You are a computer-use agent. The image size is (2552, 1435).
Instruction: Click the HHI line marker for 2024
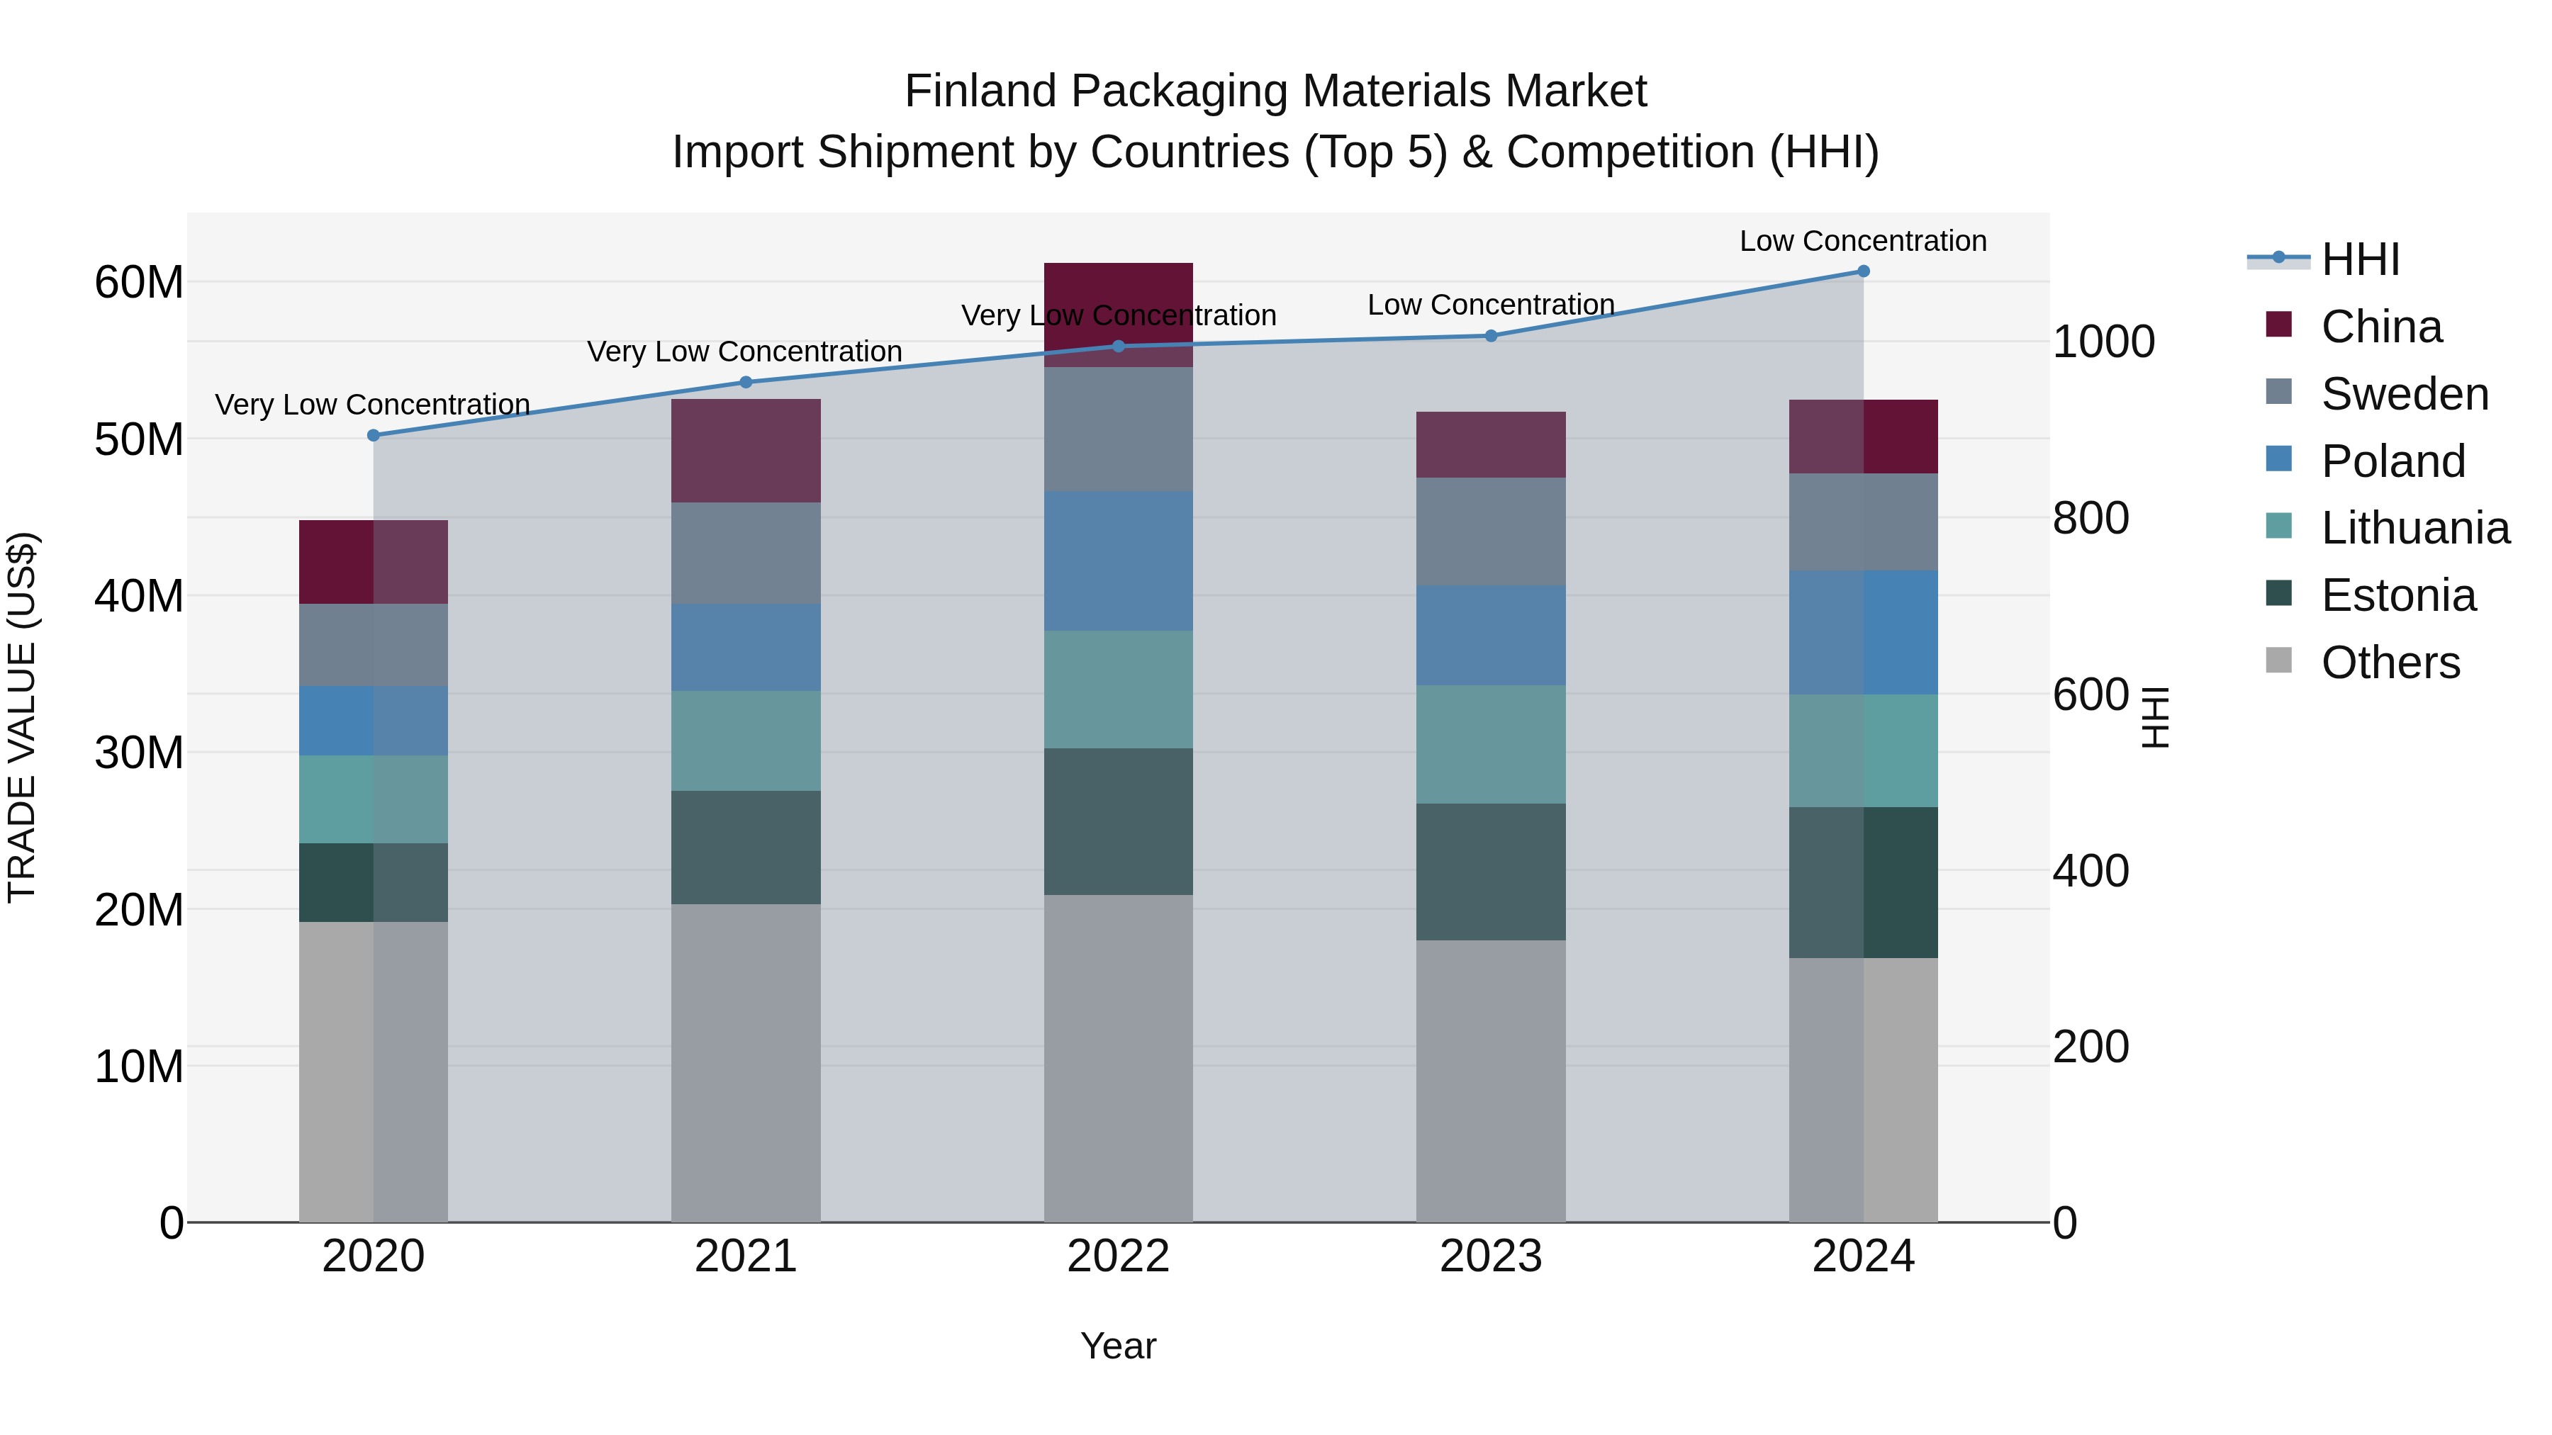[x=1862, y=271]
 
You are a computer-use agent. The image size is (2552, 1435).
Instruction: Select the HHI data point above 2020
[x=374, y=436]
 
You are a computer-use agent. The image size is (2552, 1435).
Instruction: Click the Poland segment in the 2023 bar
[x=1490, y=635]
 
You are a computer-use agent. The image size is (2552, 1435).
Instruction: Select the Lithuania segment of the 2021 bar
[x=745, y=741]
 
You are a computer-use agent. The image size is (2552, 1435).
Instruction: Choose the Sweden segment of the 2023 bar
[x=1490, y=531]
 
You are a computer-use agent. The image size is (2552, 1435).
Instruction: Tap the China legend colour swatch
[x=2278, y=325]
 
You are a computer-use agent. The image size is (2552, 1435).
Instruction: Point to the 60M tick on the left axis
[x=139, y=282]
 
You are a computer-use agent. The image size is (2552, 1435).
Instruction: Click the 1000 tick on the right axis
[x=2103, y=342]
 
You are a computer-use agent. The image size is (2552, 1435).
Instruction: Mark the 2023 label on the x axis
[x=1490, y=1256]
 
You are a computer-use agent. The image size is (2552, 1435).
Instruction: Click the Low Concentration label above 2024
[x=1862, y=241]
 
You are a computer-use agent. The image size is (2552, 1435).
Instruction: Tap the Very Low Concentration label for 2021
[x=744, y=351]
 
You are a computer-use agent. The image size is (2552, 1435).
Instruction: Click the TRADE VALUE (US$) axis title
[x=22, y=717]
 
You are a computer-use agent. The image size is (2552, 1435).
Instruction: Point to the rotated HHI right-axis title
[x=2156, y=717]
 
